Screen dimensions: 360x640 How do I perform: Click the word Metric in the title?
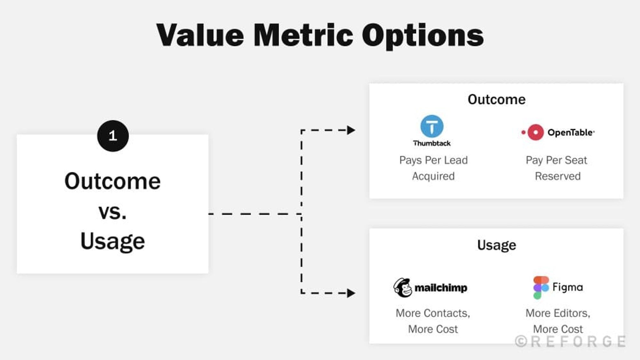tap(303, 35)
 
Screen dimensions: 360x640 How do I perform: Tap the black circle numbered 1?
tap(113, 136)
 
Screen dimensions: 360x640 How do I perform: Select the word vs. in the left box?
tap(113, 212)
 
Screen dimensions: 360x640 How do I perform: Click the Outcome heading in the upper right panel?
tap(496, 100)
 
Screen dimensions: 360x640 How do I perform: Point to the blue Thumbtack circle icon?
tap(432, 126)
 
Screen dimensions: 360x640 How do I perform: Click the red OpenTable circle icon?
tap(535, 132)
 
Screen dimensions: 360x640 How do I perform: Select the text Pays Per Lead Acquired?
tap(433, 168)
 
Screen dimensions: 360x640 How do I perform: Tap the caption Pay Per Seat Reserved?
tap(557, 168)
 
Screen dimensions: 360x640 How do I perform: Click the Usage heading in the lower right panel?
tap(496, 245)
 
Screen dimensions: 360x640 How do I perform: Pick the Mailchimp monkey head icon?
tap(403, 287)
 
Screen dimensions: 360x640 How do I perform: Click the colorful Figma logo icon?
tap(541, 287)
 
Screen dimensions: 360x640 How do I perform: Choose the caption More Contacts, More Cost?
tap(433, 321)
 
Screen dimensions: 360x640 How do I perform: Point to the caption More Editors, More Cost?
tap(558, 321)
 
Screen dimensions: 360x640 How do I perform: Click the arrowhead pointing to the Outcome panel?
tap(351, 130)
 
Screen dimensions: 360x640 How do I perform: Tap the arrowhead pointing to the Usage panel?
tap(351, 293)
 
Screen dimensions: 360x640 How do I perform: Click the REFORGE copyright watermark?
tap(570, 341)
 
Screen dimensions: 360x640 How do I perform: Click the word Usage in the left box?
tap(113, 242)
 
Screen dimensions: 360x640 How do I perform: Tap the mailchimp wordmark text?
tap(441, 288)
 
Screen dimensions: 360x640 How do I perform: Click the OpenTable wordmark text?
tap(571, 132)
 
